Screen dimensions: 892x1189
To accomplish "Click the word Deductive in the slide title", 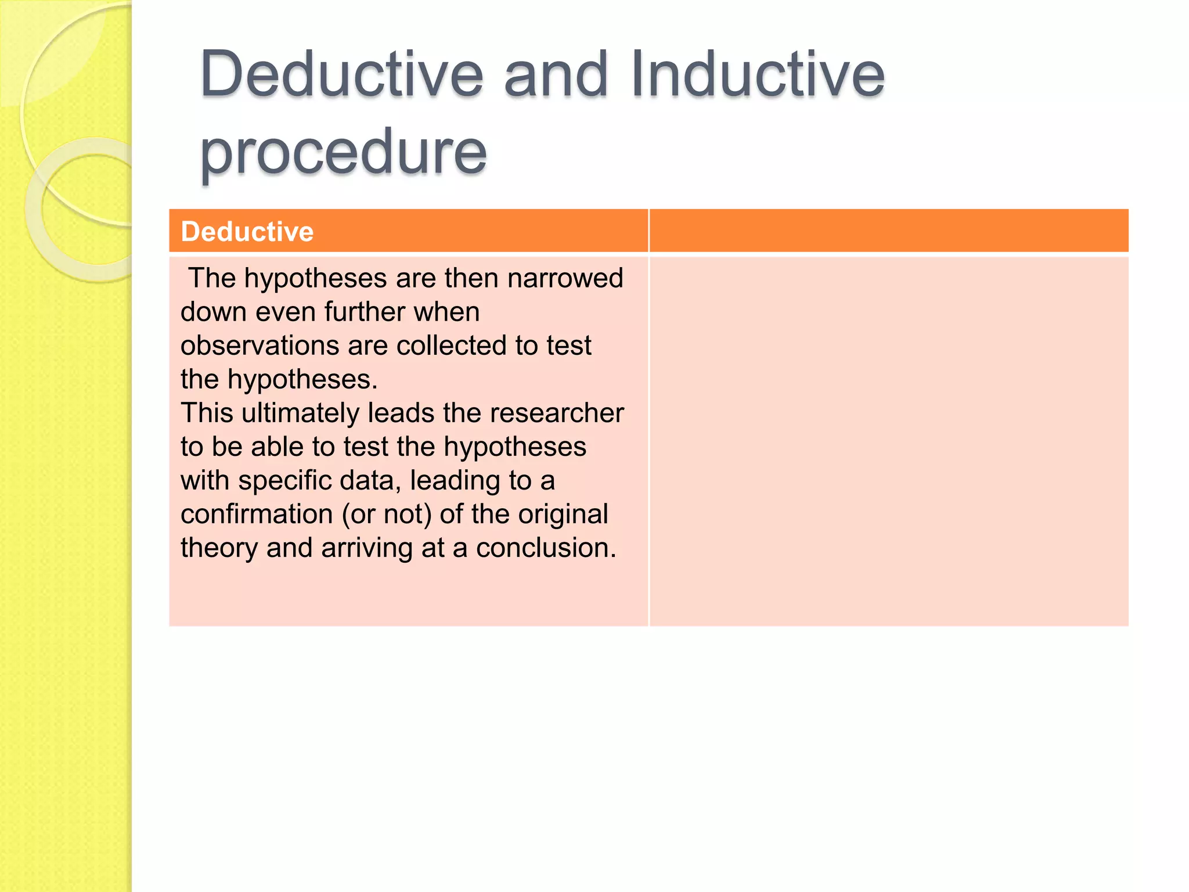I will [x=341, y=74].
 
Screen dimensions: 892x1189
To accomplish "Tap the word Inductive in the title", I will [x=758, y=74].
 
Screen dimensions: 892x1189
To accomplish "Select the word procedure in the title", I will [x=343, y=152].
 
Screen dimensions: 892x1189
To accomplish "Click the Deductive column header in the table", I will [x=247, y=232].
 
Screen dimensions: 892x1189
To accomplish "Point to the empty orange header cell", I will [x=888, y=231].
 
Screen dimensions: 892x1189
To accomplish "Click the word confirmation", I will [x=257, y=514].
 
